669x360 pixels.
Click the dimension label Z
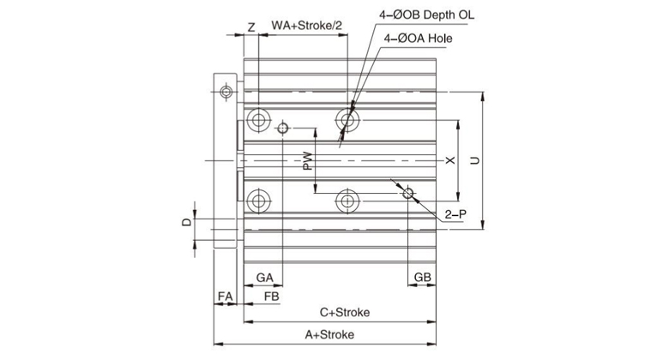[250, 27]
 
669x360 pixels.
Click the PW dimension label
[307, 161]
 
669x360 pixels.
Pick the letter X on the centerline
[449, 160]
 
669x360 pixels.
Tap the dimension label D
[185, 224]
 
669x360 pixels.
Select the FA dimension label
[226, 296]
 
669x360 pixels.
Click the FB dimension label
[271, 296]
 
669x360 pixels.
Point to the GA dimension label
[264, 277]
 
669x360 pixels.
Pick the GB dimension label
[423, 277]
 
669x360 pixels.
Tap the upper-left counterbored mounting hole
[257, 117]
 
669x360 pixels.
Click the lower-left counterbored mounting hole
[257, 201]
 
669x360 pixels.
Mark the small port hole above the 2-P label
[409, 194]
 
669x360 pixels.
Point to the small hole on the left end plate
[226, 92]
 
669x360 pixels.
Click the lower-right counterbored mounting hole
[347, 201]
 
